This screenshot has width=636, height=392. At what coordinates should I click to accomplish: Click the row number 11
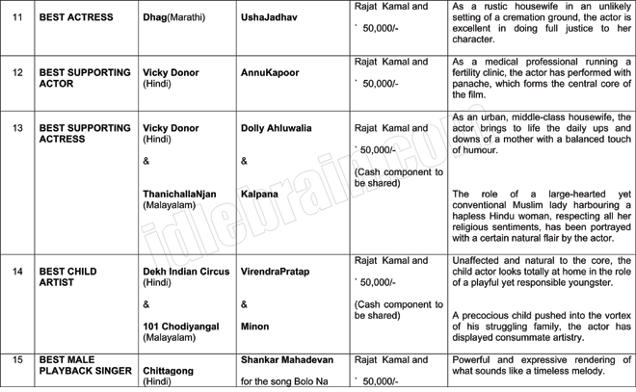17,17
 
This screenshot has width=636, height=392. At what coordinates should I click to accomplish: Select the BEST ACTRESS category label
76,17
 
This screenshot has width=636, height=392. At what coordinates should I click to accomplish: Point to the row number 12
17,73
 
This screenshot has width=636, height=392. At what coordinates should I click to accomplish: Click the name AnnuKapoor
270,73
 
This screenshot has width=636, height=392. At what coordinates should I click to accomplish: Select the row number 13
17,128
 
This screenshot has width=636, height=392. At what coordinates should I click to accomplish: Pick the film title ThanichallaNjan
179,194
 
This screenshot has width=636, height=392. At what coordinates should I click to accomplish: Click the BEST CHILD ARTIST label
68,277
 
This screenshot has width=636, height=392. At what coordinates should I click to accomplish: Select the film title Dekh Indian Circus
186,272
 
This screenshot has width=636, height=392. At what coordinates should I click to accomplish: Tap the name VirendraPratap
276,272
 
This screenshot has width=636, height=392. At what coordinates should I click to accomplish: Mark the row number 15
17,359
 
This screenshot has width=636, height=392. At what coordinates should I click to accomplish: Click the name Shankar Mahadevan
287,359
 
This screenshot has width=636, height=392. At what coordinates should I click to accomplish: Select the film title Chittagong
172,370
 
